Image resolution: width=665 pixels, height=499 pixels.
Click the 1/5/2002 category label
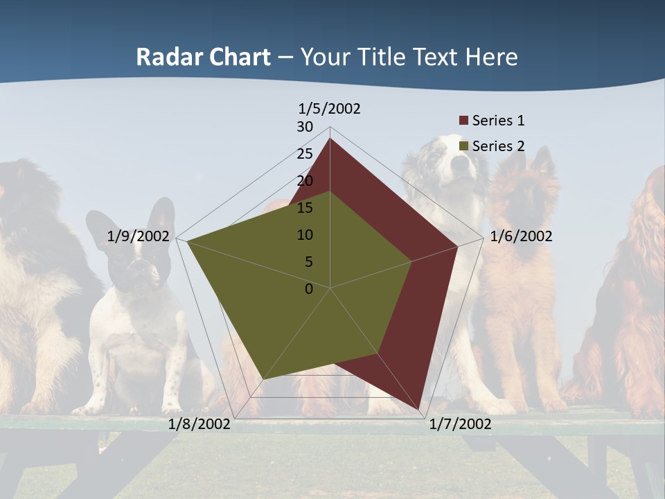329,108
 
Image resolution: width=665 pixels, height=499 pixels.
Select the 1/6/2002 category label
521,236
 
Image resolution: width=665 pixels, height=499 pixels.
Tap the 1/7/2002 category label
460,424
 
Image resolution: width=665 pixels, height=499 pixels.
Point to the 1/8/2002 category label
199,424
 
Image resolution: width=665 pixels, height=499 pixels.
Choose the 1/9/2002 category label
138,236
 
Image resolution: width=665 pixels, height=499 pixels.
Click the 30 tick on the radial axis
305,127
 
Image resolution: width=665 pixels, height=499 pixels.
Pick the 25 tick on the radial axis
305,154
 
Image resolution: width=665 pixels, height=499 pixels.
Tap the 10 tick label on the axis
305,235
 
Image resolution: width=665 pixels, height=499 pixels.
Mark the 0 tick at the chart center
309,289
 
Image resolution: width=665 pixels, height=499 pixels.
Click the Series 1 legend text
498,121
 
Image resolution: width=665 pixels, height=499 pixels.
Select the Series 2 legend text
498,146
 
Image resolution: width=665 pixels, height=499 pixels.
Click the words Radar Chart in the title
203,57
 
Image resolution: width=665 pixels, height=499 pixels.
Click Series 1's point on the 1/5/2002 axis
330,139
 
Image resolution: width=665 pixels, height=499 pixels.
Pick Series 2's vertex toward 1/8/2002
263,379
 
